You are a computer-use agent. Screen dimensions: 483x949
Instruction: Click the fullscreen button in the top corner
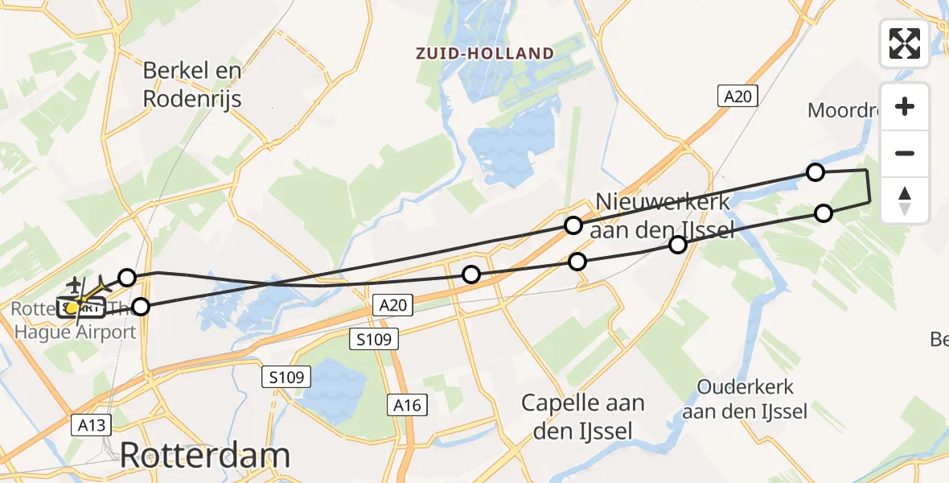pos(905,43)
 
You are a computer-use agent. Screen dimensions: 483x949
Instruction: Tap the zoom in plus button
pos(905,107)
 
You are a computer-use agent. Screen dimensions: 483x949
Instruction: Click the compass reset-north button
pos(905,200)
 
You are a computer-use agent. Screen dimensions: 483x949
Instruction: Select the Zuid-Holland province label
pos(484,54)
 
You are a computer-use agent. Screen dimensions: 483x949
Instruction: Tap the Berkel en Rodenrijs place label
pos(192,85)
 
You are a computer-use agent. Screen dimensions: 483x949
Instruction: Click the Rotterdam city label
pos(205,456)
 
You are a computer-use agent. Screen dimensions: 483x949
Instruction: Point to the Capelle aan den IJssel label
pos(582,416)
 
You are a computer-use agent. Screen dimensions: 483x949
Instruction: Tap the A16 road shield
pos(407,406)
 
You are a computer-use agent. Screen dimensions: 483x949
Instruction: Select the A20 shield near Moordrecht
pos(737,97)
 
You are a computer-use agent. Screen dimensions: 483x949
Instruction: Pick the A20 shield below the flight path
pos(394,304)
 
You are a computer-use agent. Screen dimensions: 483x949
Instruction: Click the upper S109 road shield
pos(375,340)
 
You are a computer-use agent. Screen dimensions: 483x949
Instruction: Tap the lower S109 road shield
pos(286,376)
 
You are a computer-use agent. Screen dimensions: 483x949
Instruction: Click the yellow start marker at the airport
pos(72,307)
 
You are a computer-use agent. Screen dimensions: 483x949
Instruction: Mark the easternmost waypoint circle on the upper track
pos(815,171)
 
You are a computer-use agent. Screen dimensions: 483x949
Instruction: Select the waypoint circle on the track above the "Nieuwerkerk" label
pos(573,225)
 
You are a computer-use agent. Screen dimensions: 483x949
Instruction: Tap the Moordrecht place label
pos(840,110)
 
